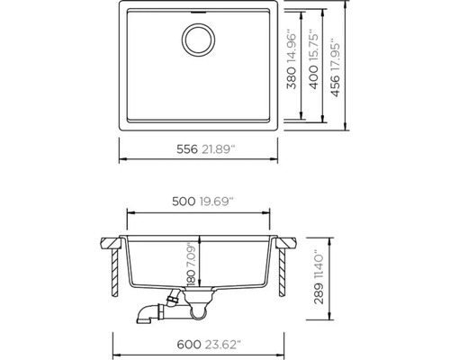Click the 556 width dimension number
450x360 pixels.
coord(187,149)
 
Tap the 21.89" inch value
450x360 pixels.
coord(219,149)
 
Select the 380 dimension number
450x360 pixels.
coord(292,78)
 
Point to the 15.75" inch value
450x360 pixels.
coord(314,46)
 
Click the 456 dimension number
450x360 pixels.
coord(336,86)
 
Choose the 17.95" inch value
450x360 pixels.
coord(336,55)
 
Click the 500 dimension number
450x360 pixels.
coord(184,202)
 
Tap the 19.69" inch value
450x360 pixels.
coord(217,202)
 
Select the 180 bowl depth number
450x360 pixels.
coord(191,277)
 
